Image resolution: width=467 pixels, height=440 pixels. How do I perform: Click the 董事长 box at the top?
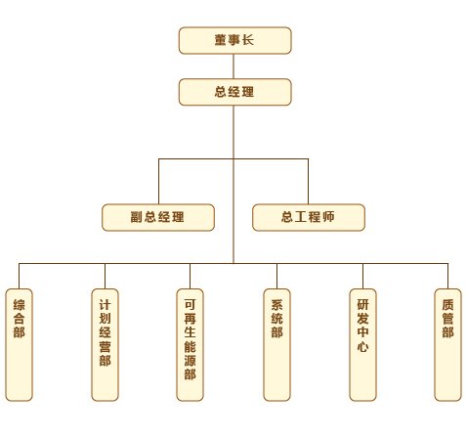click(234, 40)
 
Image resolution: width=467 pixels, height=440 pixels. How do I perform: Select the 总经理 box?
click(234, 92)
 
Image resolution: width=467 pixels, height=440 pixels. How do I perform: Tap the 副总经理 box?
click(158, 217)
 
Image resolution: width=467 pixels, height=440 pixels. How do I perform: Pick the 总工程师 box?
click(309, 217)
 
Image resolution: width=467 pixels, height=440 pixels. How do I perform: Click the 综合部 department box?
click(20, 345)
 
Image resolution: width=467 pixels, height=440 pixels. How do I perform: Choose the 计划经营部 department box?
click(105, 345)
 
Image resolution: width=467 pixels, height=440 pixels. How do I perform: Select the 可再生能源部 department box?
click(190, 345)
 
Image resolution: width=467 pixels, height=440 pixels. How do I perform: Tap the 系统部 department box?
click(276, 345)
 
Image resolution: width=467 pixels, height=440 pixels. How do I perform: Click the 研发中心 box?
click(362, 345)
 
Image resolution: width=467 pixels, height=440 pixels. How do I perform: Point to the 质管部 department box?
click(447, 345)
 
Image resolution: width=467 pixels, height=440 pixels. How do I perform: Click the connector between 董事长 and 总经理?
click(233, 66)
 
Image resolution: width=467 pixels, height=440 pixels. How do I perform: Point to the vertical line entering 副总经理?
click(158, 182)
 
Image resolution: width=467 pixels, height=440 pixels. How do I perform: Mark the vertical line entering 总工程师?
click(308, 182)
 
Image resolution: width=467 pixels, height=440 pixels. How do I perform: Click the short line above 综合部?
click(19, 276)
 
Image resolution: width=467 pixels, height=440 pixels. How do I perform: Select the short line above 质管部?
click(447, 276)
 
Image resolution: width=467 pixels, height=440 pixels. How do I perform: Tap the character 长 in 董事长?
click(248, 40)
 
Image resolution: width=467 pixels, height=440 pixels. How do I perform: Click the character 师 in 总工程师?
click(328, 217)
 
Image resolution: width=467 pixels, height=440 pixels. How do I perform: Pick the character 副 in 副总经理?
click(137, 217)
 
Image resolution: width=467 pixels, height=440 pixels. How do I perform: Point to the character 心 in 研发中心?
click(362, 346)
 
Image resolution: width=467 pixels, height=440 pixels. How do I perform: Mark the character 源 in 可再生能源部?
click(190, 360)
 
